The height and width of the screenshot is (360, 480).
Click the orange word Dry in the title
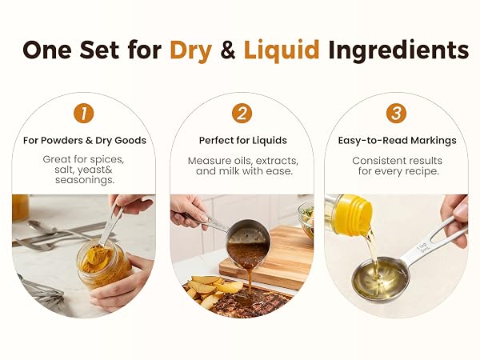[x=190, y=50]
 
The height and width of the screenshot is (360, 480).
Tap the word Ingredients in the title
[x=398, y=50]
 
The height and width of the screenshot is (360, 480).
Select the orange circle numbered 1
[x=83, y=114]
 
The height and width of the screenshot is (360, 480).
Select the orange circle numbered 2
[x=242, y=114]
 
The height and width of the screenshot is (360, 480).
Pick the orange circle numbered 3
[x=396, y=114]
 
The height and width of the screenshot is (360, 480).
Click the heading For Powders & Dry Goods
[x=85, y=141]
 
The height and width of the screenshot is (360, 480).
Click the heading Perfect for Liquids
[x=243, y=141]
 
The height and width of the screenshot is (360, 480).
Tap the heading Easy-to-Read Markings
[x=397, y=141]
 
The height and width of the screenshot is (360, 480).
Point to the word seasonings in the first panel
[x=85, y=180]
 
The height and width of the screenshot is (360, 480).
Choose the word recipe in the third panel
[x=422, y=171]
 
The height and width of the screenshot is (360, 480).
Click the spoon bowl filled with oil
[x=380, y=279]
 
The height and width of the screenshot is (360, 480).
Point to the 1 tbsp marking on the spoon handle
[x=422, y=246]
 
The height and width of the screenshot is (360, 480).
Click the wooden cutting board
[x=267, y=257]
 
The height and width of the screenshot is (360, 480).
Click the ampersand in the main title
[x=227, y=50]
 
